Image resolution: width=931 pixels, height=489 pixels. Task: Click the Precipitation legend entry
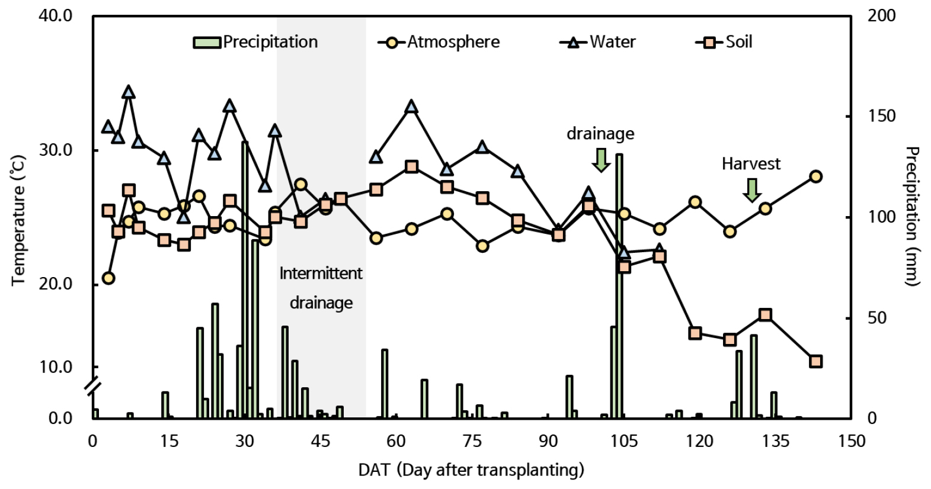(256, 42)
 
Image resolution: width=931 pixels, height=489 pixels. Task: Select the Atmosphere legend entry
(439, 42)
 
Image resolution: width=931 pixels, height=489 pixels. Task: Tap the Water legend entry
(598, 42)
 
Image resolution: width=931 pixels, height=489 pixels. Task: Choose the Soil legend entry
(724, 42)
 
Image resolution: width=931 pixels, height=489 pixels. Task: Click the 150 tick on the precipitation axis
(882, 116)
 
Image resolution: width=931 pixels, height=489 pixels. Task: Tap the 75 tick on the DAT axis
(472, 441)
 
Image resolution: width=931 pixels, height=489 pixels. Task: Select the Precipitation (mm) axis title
(913, 217)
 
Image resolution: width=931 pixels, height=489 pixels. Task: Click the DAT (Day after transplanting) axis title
(471, 470)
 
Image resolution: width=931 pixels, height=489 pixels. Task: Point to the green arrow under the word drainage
(601, 160)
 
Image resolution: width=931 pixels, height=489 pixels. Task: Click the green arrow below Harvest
(752, 189)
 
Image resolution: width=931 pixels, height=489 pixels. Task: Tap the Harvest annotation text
(751, 164)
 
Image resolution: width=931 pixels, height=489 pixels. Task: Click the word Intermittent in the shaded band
(321, 274)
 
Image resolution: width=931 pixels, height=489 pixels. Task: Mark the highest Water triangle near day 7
(129, 92)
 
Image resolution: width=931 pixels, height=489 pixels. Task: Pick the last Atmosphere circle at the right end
(815, 176)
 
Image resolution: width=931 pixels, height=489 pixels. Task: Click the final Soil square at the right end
(815, 362)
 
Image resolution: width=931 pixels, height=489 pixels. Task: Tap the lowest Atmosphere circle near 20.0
(108, 278)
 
